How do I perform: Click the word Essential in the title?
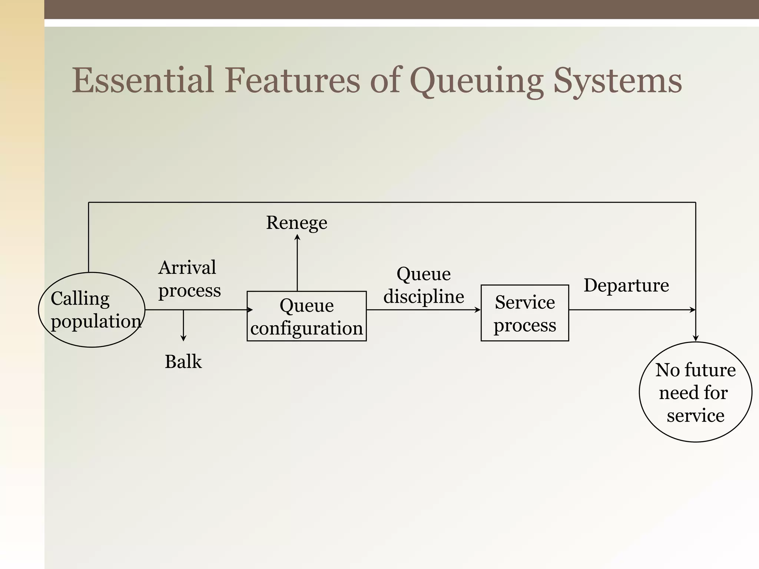143,80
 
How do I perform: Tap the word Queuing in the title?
476,81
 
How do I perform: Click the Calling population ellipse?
92,310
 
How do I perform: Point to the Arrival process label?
189,279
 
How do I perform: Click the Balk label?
183,362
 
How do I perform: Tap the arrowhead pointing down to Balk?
183,338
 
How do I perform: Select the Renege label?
296,223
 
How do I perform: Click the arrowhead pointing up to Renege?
297,237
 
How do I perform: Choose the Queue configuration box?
306,316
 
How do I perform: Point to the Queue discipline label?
424,285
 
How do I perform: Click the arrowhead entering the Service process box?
478,310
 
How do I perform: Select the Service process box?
525,313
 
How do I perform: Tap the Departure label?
626,285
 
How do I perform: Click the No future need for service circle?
695,392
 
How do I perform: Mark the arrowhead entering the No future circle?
696,338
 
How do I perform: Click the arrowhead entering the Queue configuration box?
250,310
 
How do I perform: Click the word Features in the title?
292,80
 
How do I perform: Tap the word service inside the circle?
695,415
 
